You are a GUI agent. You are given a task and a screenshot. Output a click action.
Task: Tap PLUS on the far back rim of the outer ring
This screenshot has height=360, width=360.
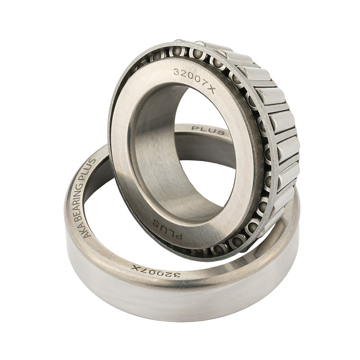tap(208, 130)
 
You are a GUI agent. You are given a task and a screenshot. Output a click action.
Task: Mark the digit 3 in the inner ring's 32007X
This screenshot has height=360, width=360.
tap(176, 72)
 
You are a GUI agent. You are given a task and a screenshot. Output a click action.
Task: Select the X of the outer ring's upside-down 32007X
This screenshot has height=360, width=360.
tap(135, 268)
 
